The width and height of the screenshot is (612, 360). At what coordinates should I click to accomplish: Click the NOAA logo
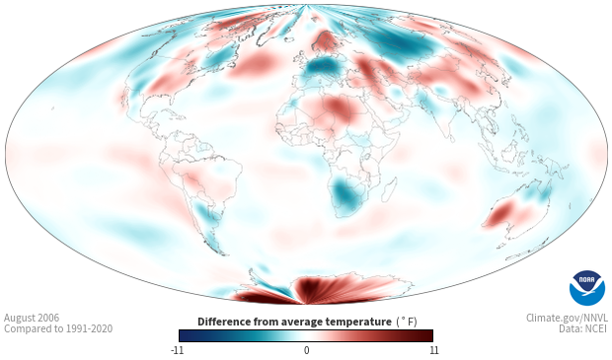coord(587,288)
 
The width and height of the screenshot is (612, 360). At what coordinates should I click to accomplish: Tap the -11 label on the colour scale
coord(177,350)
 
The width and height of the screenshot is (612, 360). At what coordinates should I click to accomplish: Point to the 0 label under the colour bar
coord(306,350)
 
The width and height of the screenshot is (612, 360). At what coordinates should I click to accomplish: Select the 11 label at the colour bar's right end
coord(433,350)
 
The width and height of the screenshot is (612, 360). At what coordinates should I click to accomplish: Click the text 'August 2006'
coord(32,318)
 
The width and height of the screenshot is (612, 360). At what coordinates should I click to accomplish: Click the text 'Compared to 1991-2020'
coord(58,328)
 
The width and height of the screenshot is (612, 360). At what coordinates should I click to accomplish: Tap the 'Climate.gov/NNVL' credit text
coord(567,318)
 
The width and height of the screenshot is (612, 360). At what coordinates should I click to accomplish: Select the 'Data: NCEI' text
coord(583,328)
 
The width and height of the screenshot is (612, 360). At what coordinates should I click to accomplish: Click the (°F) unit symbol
coord(407,322)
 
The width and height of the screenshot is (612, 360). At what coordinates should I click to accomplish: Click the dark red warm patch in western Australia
coord(500,213)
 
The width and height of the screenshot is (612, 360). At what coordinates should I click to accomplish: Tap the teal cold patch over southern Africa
coord(345,193)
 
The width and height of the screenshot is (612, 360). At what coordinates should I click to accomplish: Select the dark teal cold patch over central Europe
coord(324,67)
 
